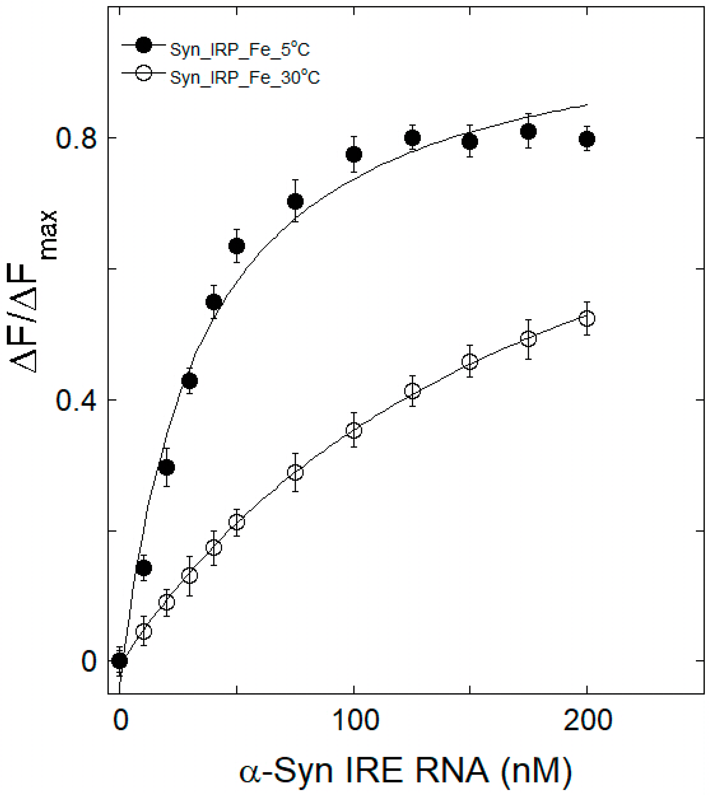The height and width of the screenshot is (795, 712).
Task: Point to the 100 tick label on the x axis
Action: [x=355, y=720]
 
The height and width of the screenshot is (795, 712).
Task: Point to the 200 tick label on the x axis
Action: [x=587, y=720]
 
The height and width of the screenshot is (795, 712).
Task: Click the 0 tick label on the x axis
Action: [x=121, y=720]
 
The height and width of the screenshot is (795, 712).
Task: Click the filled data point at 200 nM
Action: [x=587, y=139]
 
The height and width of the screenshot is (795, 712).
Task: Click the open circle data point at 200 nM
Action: [x=587, y=318]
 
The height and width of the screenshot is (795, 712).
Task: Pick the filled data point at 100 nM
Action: [x=354, y=155]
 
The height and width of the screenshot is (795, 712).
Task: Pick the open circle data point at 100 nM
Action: [x=354, y=430]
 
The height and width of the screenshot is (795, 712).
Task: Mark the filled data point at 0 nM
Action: [x=120, y=661]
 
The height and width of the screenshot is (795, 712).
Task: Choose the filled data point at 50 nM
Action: [x=237, y=246]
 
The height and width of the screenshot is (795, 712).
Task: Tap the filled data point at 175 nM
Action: [x=529, y=132]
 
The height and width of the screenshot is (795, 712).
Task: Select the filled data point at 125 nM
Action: [x=412, y=138]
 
